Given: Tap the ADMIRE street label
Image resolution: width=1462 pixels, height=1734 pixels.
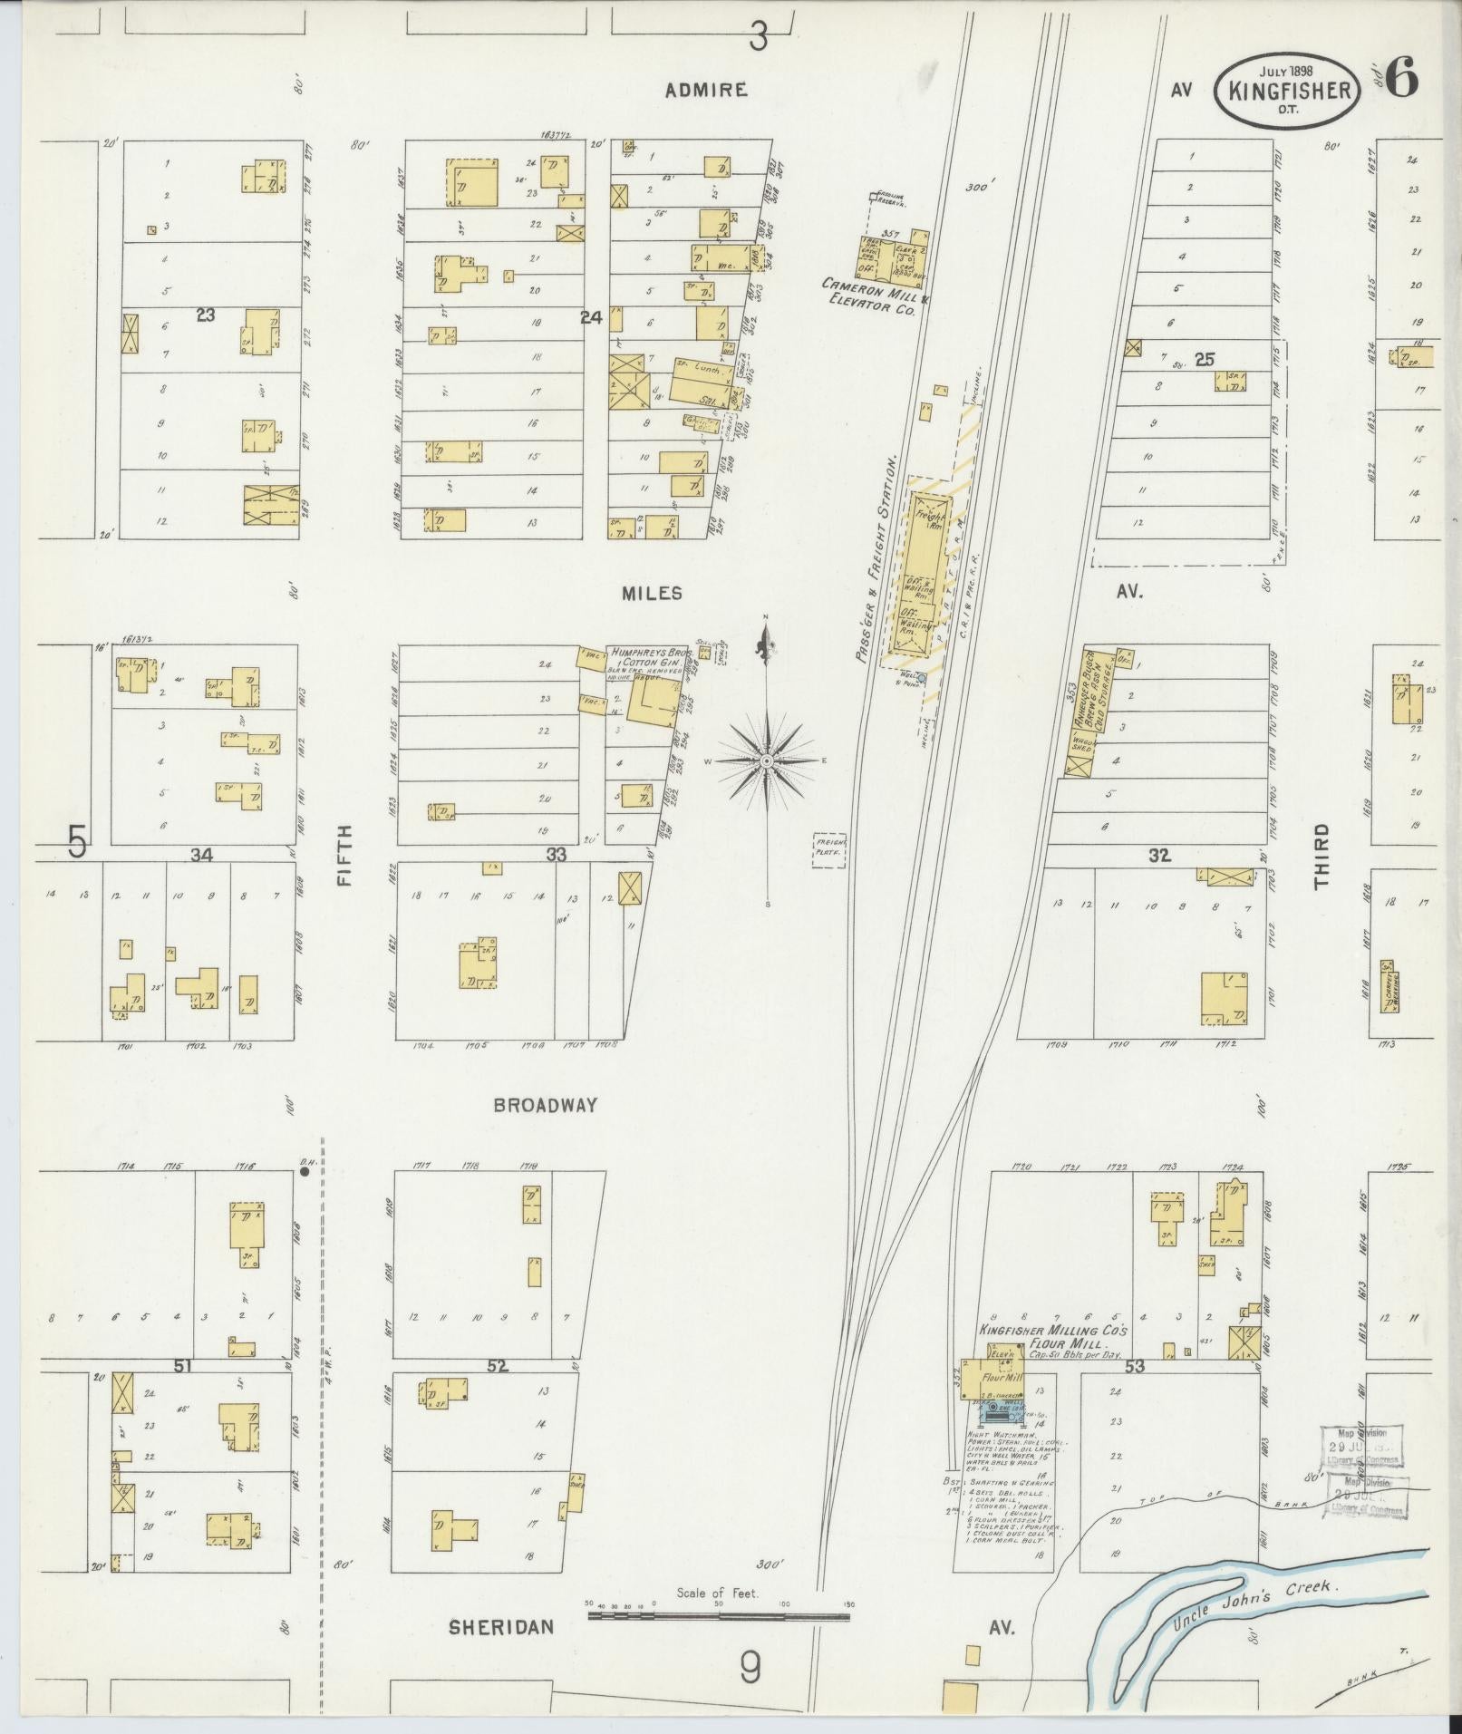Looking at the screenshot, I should (x=706, y=90).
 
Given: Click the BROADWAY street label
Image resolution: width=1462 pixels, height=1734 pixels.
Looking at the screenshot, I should (x=546, y=1105).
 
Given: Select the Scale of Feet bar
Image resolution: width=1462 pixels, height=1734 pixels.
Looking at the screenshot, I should (x=718, y=1614).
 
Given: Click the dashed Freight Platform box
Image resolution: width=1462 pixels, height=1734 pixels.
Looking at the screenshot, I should (x=829, y=851).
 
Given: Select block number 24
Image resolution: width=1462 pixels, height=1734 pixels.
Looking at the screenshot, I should (x=591, y=317).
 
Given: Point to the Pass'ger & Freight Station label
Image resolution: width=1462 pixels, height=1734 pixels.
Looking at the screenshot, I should (x=877, y=562).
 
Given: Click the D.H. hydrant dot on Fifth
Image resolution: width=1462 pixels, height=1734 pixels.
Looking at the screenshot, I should (x=305, y=1171).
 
